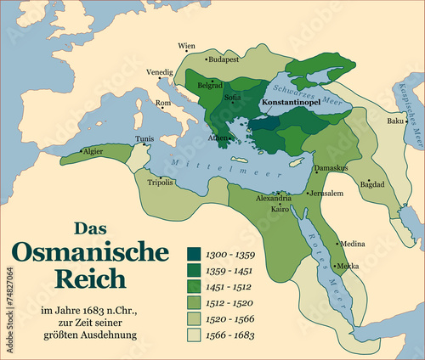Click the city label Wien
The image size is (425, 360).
point(186,46)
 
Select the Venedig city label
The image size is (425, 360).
point(160,72)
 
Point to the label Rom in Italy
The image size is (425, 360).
point(163,104)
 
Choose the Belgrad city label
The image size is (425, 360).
point(210,86)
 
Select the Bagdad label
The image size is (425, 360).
point(372,183)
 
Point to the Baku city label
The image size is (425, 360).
point(395,121)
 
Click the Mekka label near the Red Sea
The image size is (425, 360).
point(348,266)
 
